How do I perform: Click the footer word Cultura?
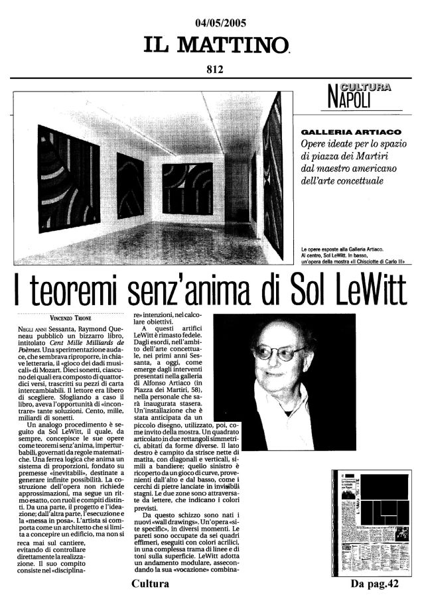[x=151, y=584]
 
